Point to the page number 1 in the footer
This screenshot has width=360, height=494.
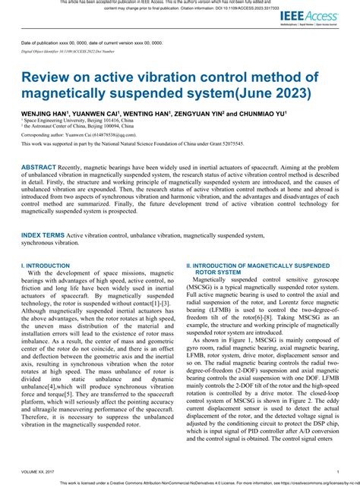(x=338, y=472)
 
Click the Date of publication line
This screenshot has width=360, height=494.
(x=92, y=42)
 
